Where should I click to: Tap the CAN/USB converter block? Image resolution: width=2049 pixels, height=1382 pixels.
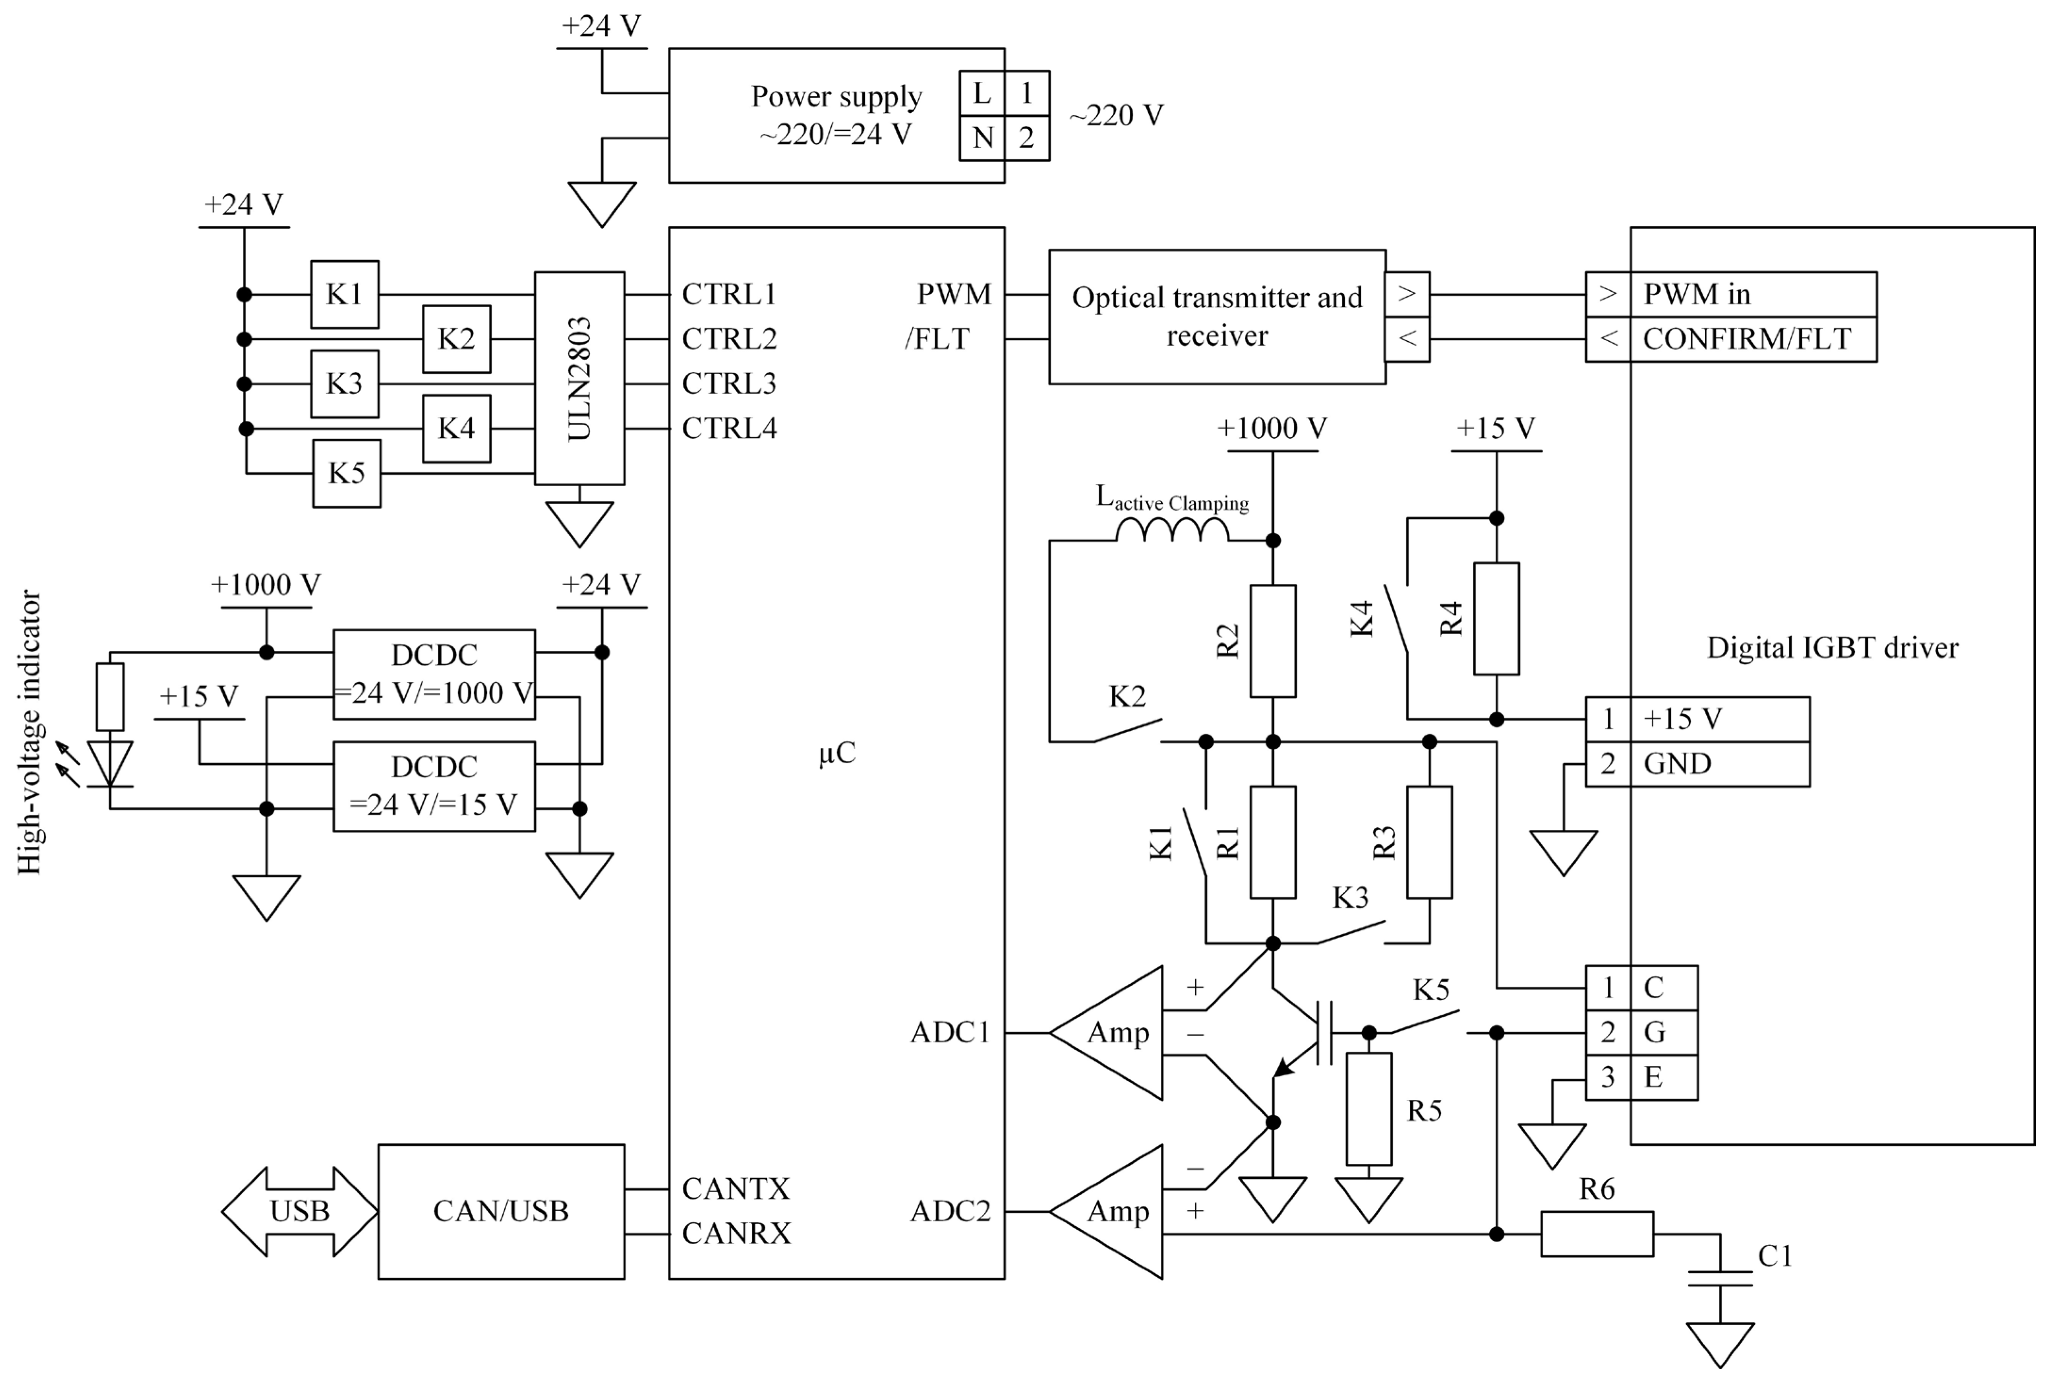(501, 1211)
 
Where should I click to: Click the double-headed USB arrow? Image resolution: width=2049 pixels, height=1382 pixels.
(300, 1211)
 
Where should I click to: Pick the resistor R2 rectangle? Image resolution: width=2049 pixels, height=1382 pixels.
(1272, 641)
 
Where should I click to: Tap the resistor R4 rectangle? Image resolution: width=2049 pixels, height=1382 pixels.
(1496, 619)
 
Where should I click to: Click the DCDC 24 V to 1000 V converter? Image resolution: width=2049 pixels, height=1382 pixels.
(434, 674)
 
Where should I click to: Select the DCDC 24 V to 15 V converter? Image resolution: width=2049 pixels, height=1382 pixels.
(434, 786)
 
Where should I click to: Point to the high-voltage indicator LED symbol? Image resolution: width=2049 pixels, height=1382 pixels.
(110, 763)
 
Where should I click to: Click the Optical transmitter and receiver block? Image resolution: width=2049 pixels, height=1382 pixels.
(1217, 317)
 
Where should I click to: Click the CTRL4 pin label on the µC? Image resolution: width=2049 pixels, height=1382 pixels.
(729, 428)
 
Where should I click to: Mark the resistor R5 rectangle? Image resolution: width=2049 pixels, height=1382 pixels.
(1368, 1109)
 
